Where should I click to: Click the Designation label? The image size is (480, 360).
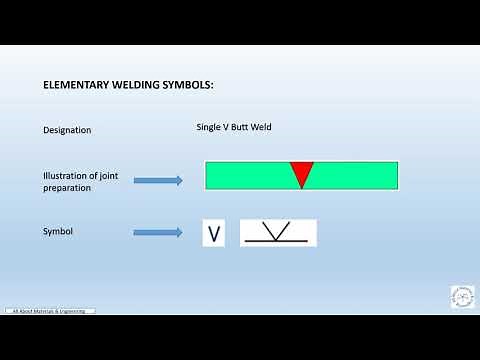point(67,130)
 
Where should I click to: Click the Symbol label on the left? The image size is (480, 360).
point(59,231)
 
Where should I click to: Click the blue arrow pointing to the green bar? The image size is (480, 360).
point(158,181)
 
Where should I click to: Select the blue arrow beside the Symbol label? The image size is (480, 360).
point(158,233)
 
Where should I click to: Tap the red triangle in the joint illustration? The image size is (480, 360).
point(301,172)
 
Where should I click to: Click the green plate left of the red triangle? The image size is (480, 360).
point(246,175)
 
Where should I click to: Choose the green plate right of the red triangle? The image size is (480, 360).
point(356,175)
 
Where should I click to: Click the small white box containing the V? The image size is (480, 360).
point(213,234)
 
